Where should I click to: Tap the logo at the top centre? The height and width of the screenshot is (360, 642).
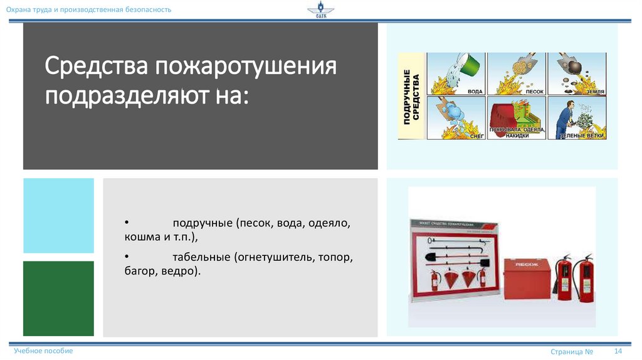tap(320, 11)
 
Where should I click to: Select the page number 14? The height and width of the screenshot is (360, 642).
tap(618, 351)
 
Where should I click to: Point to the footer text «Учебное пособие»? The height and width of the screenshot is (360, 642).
tap(43, 351)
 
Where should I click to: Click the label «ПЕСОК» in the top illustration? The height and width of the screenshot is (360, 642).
tap(534, 92)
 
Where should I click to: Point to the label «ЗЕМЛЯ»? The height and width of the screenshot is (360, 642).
tap(595, 92)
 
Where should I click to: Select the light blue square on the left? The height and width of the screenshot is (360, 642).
tap(58, 215)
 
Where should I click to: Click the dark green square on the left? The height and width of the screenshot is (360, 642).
tap(58, 299)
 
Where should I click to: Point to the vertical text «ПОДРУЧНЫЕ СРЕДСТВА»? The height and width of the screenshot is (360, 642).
tap(411, 96)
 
